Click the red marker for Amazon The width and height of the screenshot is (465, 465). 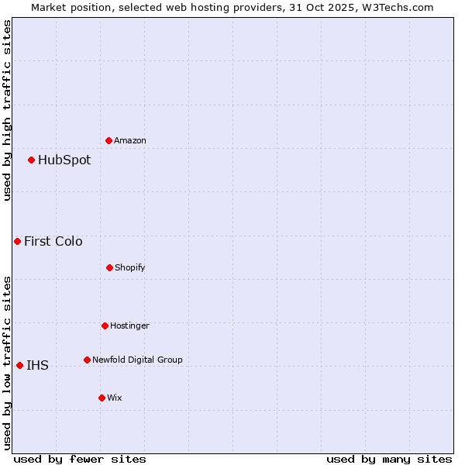click(108, 140)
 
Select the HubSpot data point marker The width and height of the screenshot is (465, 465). click(31, 160)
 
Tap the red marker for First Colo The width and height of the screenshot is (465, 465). click(17, 241)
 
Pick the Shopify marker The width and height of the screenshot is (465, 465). click(109, 267)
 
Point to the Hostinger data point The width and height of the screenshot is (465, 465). click(105, 325)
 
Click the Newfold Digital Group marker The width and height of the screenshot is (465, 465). click(87, 360)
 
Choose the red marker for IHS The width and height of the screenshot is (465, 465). click(19, 365)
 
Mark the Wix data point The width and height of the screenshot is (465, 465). click(102, 398)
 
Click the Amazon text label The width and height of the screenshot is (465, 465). click(130, 140)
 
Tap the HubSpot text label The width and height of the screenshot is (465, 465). click(64, 160)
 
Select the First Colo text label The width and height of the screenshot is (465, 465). click(53, 241)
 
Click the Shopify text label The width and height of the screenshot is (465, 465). click(130, 267)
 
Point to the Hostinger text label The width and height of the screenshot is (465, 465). click(129, 325)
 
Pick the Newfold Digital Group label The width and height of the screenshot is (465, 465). click(137, 360)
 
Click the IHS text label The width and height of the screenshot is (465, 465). click(37, 365)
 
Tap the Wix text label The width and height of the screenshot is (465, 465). click(115, 398)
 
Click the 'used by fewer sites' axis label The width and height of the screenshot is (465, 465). click(79, 459)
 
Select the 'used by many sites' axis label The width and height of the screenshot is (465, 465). click(389, 459)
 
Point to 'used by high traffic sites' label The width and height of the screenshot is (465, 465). click(7, 110)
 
